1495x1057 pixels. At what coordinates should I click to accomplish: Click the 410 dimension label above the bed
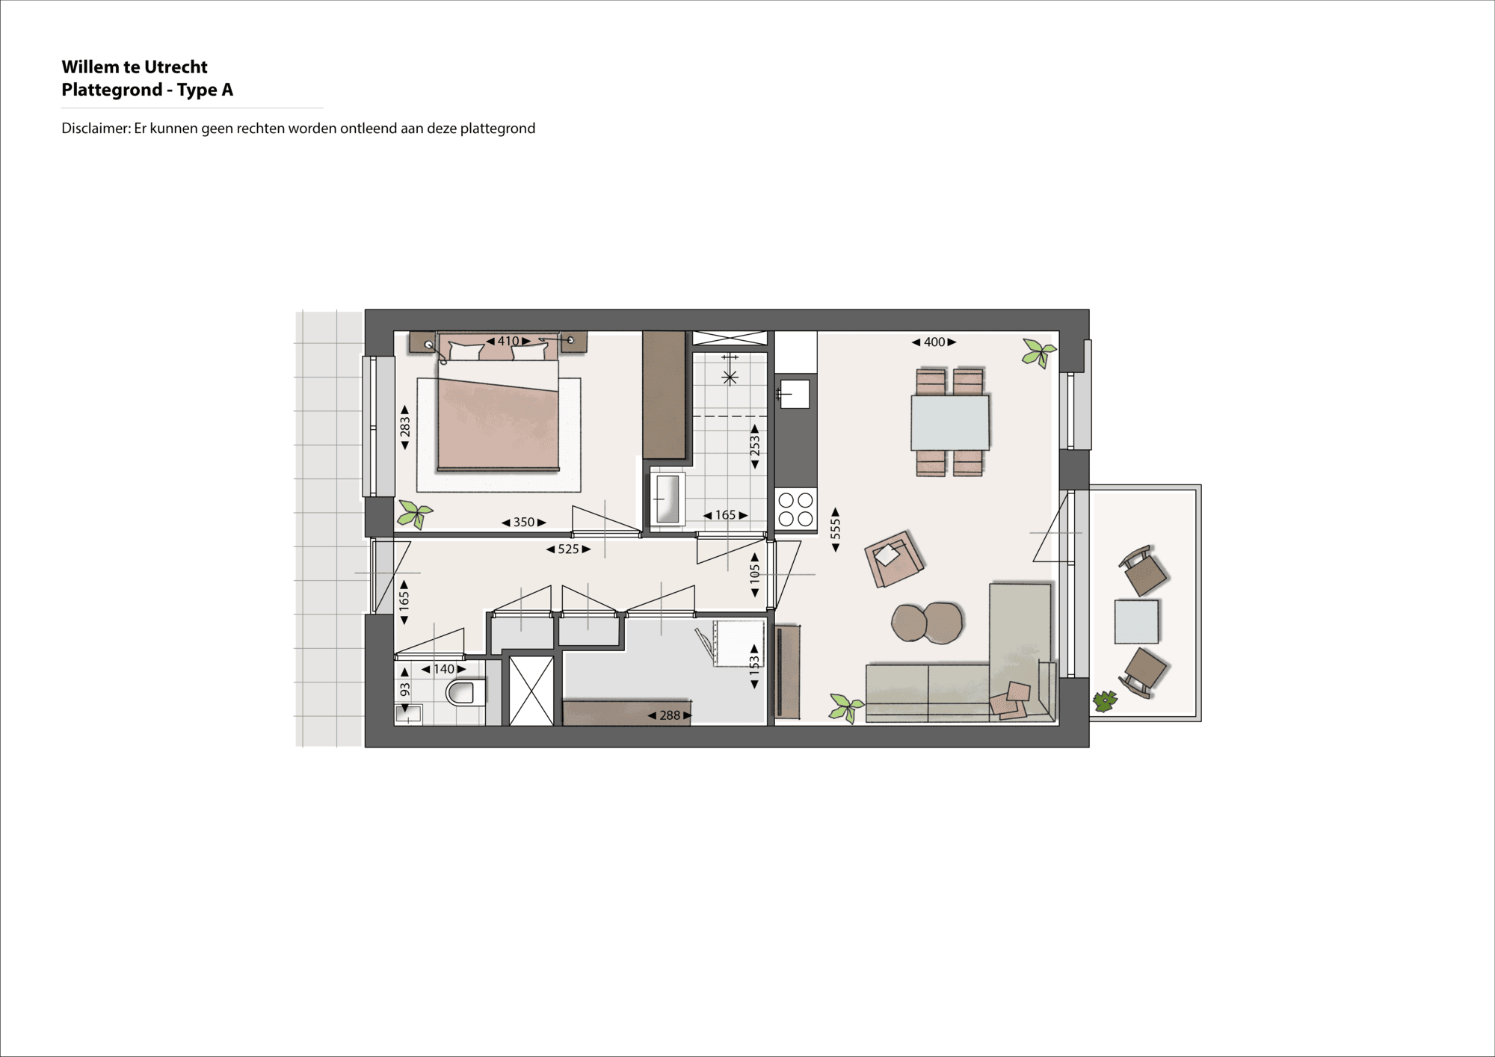point(508,341)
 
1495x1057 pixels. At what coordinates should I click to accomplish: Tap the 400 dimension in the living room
point(934,342)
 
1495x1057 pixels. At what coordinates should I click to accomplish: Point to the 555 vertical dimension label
point(836,529)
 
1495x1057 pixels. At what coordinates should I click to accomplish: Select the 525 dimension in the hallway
point(568,549)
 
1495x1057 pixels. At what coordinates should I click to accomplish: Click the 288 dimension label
point(670,715)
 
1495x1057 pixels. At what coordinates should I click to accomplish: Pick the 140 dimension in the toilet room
point(443,669)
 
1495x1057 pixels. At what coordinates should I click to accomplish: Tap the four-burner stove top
point(795,509)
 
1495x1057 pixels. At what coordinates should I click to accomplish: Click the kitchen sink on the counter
point(795,394)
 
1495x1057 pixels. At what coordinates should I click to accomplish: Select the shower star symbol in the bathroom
point(730,377)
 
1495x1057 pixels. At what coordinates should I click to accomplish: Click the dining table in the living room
point(950,423)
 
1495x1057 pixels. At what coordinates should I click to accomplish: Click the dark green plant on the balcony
point(1104,701)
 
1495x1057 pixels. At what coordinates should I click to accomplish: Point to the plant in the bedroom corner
point(414,514)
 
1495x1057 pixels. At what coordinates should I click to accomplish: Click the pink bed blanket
point(498,425)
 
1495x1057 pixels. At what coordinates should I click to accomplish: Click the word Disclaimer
point(95,129)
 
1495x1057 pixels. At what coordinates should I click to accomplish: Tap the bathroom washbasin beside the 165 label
point(667,499)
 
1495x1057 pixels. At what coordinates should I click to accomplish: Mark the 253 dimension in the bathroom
point(755,446)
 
